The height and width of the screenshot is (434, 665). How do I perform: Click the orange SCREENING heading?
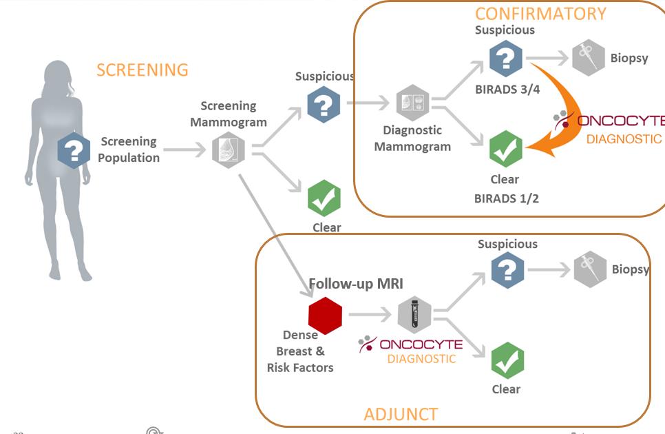[142, 70]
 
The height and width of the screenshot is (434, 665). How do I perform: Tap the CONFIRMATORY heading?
[540, 13]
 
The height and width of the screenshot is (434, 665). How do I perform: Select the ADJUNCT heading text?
[401, 414]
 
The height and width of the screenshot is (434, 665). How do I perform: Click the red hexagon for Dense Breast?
[325, 316]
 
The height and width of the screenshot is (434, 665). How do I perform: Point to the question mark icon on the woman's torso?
[74, 150]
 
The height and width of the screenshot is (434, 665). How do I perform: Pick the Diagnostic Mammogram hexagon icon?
[412, 103]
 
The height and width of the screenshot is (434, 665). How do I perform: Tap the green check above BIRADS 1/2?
[505, 149]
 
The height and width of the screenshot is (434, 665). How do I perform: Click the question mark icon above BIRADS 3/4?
[505, 59]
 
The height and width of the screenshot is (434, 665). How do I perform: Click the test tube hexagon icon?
[414, 315]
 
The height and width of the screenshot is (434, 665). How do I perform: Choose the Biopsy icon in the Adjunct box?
[590, 269]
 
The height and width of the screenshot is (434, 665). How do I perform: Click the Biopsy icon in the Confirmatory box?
[589, 58]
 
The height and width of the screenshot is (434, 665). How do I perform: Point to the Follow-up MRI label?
[355, 283]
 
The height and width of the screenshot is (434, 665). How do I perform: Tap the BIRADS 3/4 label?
[506, 89]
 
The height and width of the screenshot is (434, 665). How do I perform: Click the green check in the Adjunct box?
[507, 360]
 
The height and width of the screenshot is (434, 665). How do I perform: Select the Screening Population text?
[129, 149]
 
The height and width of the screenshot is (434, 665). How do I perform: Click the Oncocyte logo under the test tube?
[411, 344]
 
